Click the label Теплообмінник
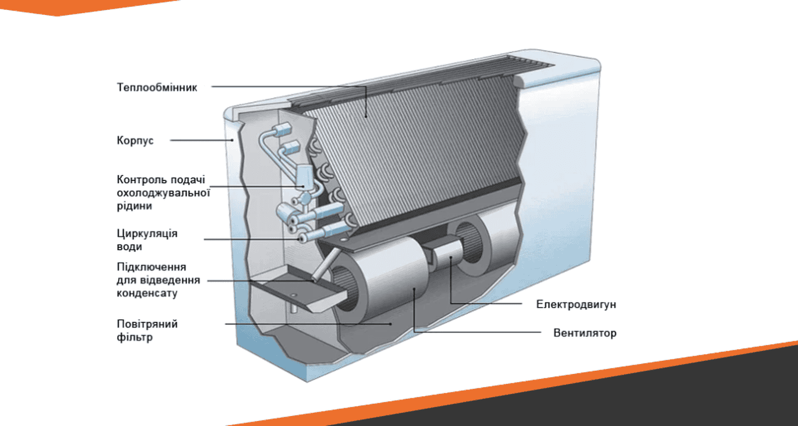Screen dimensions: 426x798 tap(157, 87)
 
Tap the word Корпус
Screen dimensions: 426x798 tap(135, 141)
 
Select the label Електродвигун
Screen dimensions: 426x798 tap(576, 305)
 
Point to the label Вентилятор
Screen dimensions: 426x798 tap(585, 334)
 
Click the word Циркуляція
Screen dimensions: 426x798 tap(147, 233)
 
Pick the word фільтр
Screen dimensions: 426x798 tap(135, 337)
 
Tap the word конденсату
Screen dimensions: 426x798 tap(147, 294)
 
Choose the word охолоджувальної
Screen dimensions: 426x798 tap(163, 193)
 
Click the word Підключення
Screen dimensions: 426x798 tap(151, 267)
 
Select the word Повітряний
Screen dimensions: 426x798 tap(147, 324)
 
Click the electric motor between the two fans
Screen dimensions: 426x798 tap(446, 256)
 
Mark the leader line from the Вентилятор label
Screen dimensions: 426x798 tap(477, 332)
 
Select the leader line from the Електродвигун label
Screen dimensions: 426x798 tap(488, 303)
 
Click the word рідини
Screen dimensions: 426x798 tap(135, 206)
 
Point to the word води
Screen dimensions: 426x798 tap(130, 247)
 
